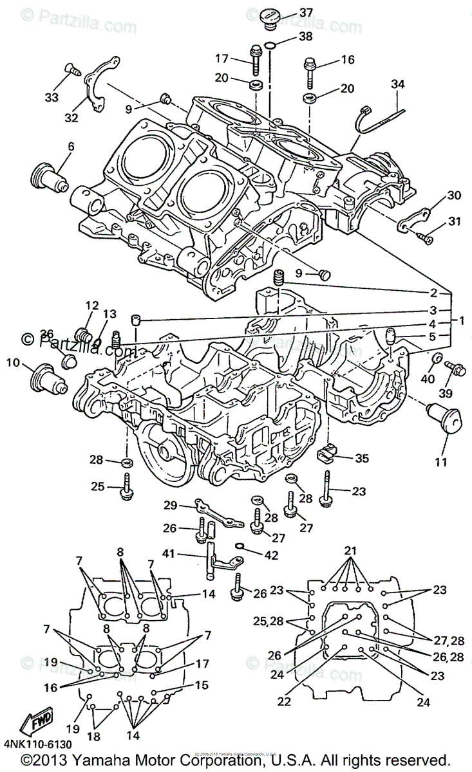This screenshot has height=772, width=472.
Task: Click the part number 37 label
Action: click(306, 12)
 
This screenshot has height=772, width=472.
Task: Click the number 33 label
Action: click(51, 97)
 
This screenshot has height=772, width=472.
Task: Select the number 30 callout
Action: click(436, 195)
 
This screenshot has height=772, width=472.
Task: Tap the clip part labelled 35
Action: click(328, 454)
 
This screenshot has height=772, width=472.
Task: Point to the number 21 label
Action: click(350, 550)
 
